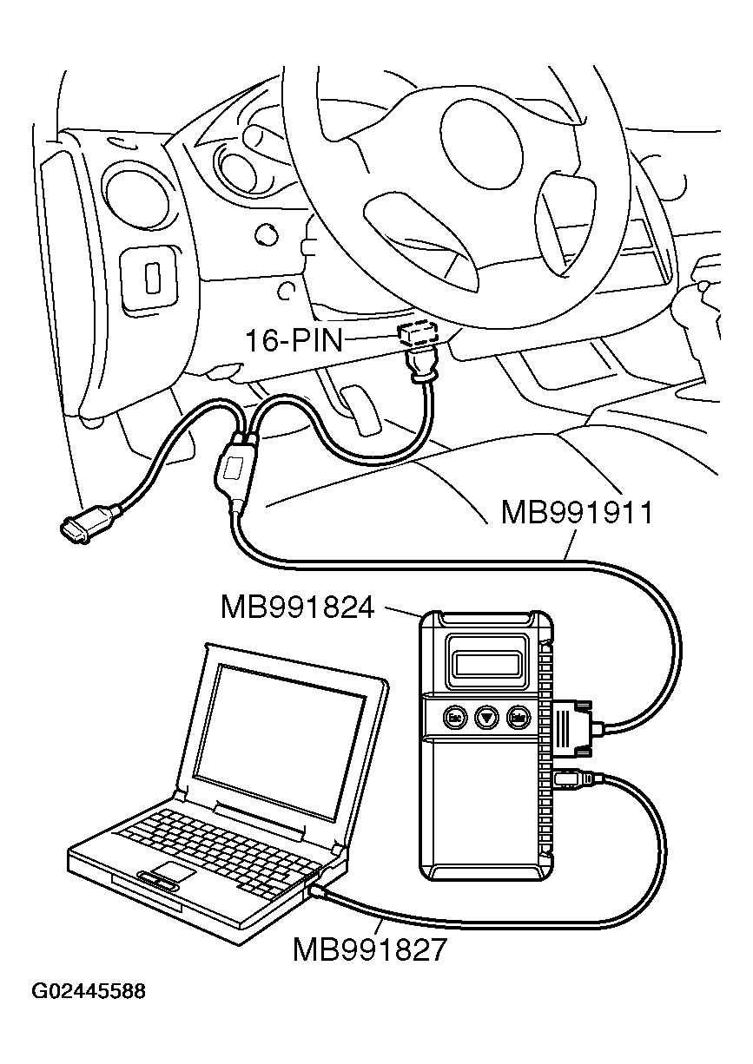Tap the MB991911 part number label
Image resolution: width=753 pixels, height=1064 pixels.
576,513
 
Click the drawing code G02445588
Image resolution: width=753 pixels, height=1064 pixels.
89,991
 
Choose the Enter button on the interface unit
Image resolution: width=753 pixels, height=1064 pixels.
519,717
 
